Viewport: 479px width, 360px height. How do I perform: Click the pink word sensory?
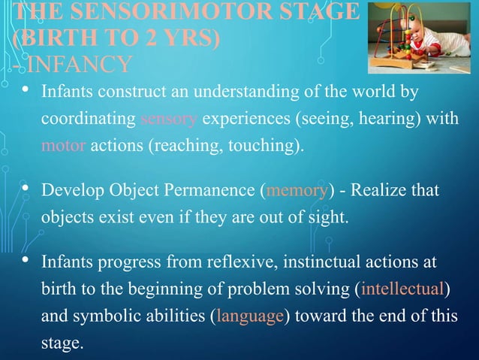(x=169, y=119)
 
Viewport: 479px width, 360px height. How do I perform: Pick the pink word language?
(x=249, y=316)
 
